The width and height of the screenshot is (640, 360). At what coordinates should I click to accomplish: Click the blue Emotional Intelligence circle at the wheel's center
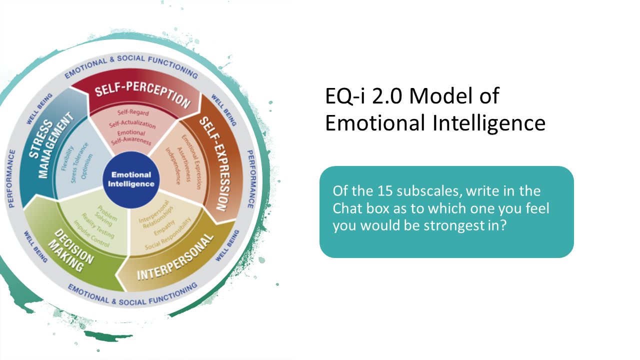click(131, 179)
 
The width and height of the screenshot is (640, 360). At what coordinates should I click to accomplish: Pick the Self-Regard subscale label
click(133, 113)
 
